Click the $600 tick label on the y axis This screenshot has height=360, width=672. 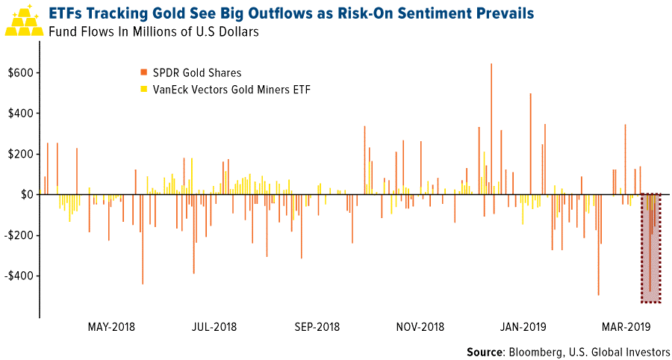click(x=19, y=73)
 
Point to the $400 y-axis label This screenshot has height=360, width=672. click(x=19, y=114)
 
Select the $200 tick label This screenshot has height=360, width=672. click(x=19, y=154)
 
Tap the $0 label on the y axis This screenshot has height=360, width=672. click(x=25, y=194)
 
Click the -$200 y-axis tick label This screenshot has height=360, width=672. click(x=17, y=235)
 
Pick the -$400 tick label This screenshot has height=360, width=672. click(x=17, y=276)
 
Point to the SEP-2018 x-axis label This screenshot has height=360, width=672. click(x=317, y=326)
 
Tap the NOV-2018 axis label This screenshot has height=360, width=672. click(x=420, y=326)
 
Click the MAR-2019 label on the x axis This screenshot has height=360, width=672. click(x=626, y=326)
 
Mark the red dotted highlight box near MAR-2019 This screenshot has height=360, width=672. click(x=651, y=248)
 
